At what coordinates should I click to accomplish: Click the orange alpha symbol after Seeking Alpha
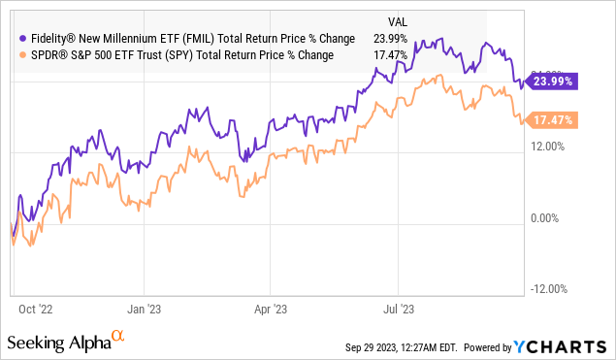(x=118, y=336)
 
